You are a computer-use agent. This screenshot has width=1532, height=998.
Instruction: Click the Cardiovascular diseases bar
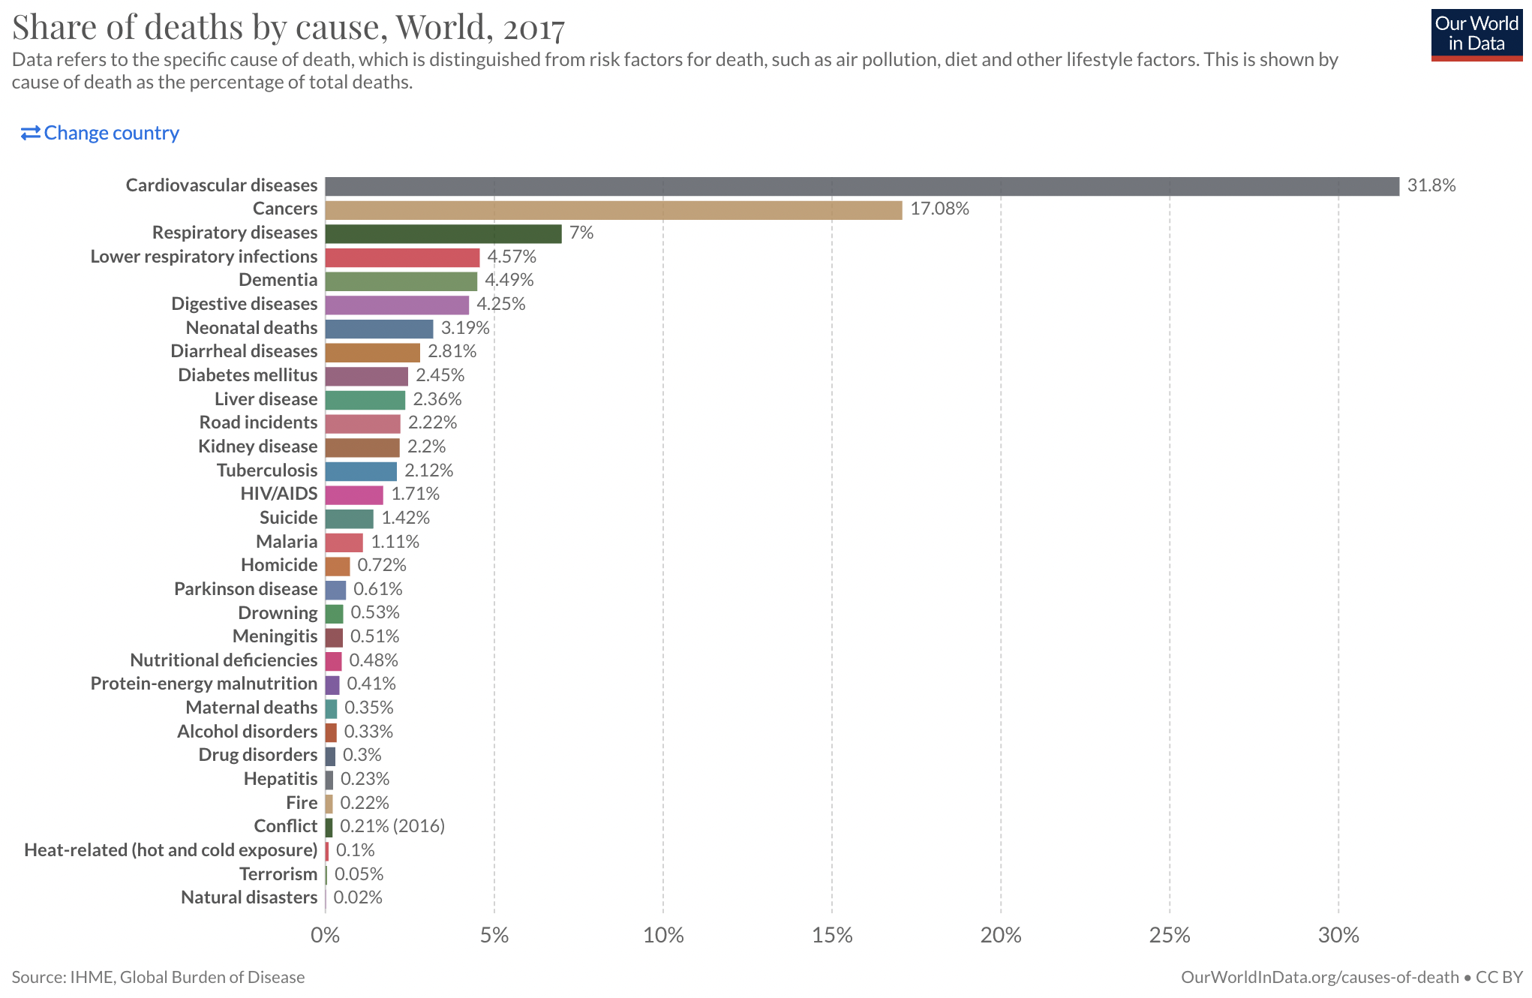click(x=861, y=186)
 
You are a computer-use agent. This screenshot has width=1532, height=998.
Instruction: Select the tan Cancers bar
click(x=613, y=210)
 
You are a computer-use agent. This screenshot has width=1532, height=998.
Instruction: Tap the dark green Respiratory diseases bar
click(x=443, y=233)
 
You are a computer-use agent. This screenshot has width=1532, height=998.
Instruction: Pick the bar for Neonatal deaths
click(x=379, y=329)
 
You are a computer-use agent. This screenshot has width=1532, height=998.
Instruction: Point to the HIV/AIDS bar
click(x=353, y=495)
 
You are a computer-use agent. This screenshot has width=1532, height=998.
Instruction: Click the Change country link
click(x=101, y=133)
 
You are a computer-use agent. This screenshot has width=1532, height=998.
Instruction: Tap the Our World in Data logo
click(x=1476, y=35)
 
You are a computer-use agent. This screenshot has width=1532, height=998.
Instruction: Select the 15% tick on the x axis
click(x=832, y=935)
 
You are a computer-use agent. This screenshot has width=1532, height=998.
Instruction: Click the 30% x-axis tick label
click(x=1338, y=935)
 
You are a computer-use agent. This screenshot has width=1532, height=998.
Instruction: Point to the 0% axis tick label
click(x=325, y=935)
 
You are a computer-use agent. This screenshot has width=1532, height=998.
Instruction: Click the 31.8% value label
click(x=1431, y=185)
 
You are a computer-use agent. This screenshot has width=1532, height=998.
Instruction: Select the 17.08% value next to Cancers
click(x=939, y=209)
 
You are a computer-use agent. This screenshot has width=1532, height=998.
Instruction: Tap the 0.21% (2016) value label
click(x=392, y=826)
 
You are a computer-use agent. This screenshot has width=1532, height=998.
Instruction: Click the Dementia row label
click(x=278, y=280)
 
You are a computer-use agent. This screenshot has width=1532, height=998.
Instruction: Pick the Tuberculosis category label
click(x=267, y=470)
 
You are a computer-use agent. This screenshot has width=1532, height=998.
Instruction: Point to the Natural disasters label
click(x=249, y=897)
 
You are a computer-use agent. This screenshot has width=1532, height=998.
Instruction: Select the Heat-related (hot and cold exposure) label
click(x=171, y=850)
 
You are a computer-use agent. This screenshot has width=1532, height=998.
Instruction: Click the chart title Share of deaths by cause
click(x=288, y=27)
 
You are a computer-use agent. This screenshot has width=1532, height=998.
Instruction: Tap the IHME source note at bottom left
click(x=158, y=977)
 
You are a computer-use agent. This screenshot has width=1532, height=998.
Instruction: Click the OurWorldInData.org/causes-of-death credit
click(x=1320, y=977)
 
